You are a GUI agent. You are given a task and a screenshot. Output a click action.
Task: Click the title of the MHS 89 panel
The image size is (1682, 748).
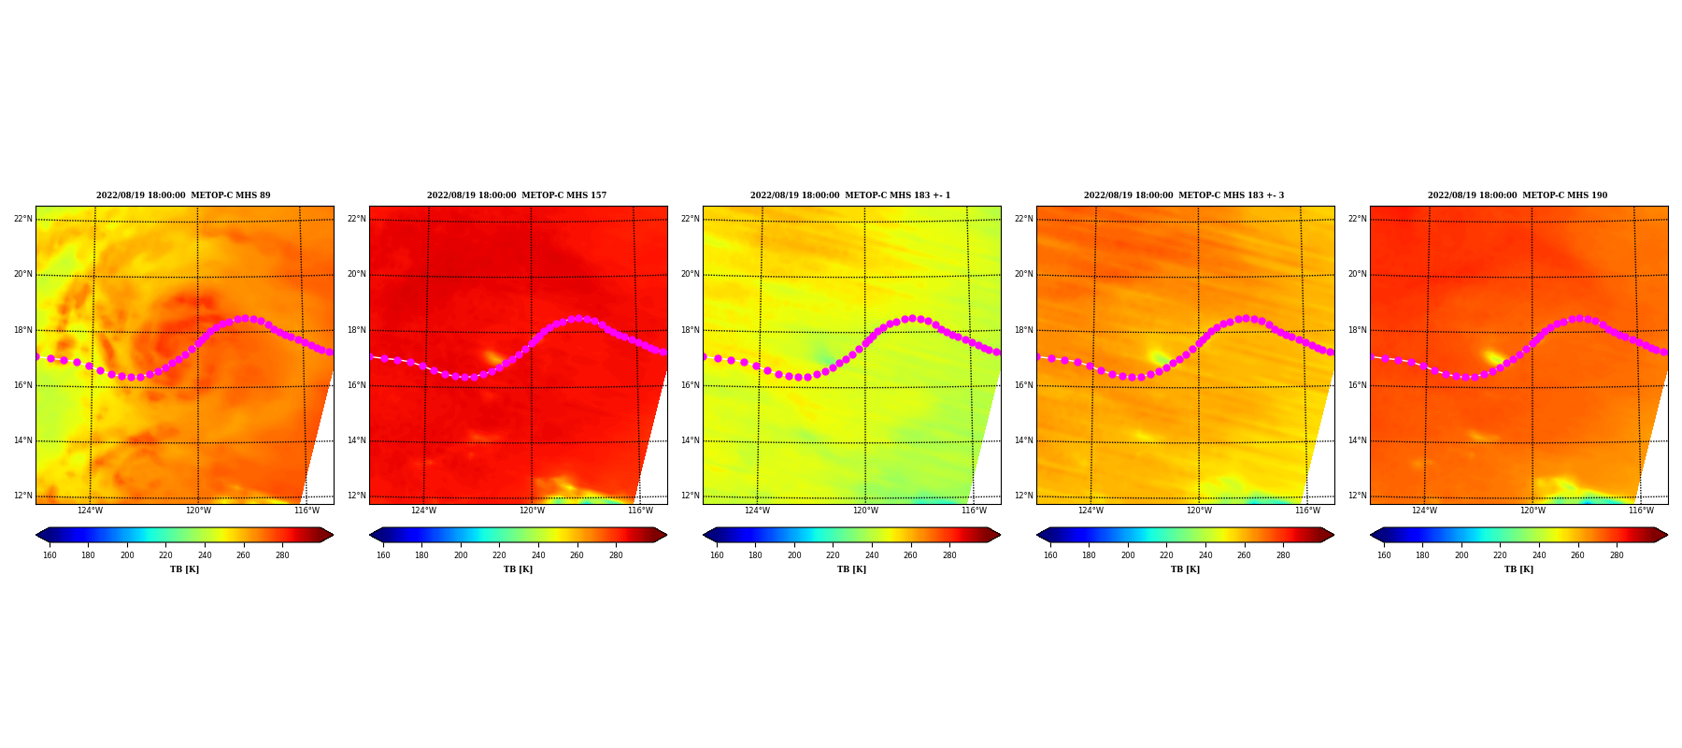183,195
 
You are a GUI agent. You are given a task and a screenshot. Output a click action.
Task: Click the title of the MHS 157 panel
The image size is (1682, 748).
517,195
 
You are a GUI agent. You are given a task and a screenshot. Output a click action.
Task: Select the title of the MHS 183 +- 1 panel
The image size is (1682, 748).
850,195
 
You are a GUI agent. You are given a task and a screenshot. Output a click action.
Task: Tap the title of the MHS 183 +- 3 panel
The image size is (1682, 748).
1184,195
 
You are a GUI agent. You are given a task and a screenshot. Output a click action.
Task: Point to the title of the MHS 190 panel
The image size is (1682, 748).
1518,195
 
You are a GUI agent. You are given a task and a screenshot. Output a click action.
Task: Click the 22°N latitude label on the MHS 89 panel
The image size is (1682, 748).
22,219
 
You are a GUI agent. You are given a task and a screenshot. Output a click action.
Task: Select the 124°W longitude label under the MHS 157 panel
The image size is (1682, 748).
423,511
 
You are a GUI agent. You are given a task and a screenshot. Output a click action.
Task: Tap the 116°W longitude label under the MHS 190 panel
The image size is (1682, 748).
1641,511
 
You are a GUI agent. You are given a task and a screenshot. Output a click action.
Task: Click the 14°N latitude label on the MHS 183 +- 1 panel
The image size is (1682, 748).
690,440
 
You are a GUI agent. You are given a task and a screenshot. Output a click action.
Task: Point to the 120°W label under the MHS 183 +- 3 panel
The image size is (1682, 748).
1199,511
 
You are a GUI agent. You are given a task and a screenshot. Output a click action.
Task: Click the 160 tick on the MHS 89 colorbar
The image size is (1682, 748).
50,555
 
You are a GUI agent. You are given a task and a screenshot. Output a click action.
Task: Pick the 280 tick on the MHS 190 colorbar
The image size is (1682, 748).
1617,555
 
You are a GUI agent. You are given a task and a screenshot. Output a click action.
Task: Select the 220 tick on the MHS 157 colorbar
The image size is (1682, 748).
500,555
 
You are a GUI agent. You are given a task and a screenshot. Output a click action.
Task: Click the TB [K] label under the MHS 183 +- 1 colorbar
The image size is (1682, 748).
851,569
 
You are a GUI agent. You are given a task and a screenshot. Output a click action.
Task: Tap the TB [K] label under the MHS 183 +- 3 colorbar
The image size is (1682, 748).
1185,569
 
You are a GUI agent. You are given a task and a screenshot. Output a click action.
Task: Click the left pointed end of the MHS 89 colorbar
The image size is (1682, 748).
36,535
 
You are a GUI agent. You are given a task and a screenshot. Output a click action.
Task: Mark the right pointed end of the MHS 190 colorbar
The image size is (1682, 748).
1667,535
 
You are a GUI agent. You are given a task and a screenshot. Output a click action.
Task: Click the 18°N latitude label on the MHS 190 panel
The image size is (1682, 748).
1357,330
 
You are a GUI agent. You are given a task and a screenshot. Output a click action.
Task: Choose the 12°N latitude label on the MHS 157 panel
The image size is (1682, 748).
356,496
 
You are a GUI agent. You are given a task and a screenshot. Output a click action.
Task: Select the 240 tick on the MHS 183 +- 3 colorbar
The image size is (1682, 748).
1205,555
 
